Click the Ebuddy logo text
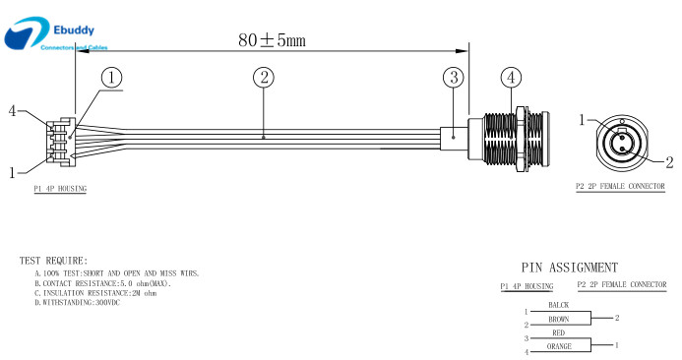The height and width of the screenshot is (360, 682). [x=74, y=30]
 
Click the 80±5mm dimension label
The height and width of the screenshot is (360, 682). [x=272, y=40]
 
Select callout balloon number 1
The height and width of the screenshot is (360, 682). [x=112, y=78]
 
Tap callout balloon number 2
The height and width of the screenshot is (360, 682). [x=264, y=78]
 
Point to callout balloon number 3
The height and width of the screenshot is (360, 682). [x=454, y=78]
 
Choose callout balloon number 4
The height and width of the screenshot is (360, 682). [x=511, y=78]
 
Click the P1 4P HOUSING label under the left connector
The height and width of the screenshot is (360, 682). [x=60, y=189]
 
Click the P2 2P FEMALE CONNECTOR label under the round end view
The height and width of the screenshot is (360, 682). [x=620, y=187]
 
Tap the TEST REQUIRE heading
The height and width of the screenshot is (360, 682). [x=53, y=261]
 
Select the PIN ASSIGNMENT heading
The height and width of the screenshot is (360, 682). [x=570, y=268]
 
